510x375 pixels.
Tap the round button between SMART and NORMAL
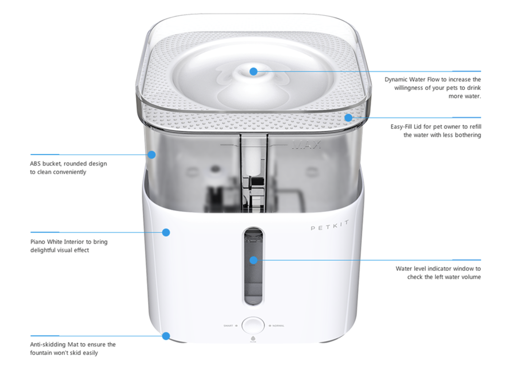click(253, 325)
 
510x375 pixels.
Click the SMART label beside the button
click(229, 326)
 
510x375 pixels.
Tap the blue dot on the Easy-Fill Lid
click(348, 117)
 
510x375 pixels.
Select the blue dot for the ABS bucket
click(152, 155)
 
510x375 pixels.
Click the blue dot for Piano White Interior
click(166, 233)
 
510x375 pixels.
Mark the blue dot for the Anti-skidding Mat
click(166, 336)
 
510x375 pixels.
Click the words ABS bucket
click(45, 164)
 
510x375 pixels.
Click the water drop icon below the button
click(253, 338)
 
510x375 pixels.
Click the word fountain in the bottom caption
click(43, 353)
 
